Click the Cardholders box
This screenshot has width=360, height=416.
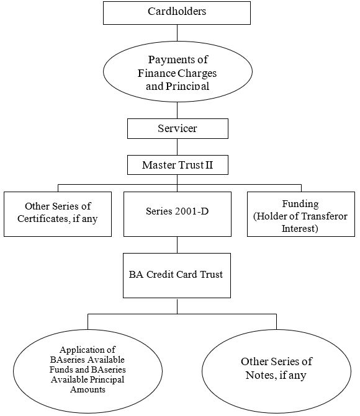(177, 13)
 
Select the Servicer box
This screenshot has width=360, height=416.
(178, 128)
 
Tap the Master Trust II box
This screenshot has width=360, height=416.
(178, 165)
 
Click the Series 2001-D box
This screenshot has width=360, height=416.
(178, 214)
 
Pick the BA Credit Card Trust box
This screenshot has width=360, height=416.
(177, 275)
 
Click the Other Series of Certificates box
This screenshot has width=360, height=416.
(58, 214)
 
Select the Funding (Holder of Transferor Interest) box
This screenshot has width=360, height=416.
(301, 214)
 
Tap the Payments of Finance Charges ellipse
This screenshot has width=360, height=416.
(178, 71)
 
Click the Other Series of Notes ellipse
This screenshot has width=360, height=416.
(276, 371)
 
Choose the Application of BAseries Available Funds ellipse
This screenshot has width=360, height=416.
(88, 371)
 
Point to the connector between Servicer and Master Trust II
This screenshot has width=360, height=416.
(178, 147)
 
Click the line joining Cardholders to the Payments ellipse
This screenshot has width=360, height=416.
(178, 33)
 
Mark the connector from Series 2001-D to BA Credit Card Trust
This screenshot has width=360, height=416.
(178, 245)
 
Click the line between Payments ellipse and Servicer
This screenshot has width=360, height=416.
(178, 110)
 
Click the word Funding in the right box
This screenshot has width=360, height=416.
(300, 204)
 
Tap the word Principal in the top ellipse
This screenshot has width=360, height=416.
(187, 86)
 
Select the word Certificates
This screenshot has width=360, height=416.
(43, 219)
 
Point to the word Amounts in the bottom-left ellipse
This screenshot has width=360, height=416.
(88, 389)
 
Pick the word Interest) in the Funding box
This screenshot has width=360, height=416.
(300, 229)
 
